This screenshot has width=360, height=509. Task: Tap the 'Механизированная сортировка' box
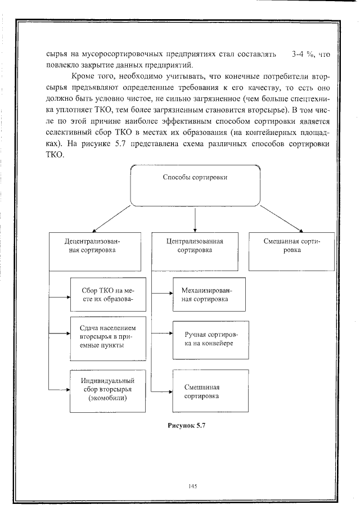209,295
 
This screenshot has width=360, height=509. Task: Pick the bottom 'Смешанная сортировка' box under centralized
209,391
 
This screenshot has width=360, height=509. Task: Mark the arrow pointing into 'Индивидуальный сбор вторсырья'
59,389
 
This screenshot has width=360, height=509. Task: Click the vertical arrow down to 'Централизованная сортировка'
195,219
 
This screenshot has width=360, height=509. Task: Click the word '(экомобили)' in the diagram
107,399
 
